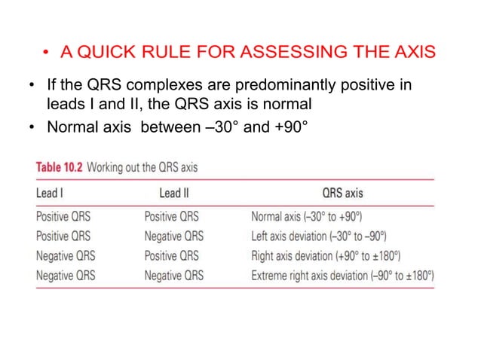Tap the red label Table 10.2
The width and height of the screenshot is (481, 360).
pos(60,166)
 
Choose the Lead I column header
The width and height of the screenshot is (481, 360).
pos(51,193)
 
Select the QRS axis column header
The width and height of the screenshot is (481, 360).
pos(342,193)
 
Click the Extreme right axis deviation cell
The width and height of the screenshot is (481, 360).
pos(342,276)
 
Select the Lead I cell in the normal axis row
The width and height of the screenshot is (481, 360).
pos(63,216)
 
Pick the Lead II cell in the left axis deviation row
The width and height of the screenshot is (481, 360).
pos(174,236)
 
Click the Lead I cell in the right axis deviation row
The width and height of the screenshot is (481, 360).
pos(66,256)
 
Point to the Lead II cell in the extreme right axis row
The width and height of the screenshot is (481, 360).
pos(174,276)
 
